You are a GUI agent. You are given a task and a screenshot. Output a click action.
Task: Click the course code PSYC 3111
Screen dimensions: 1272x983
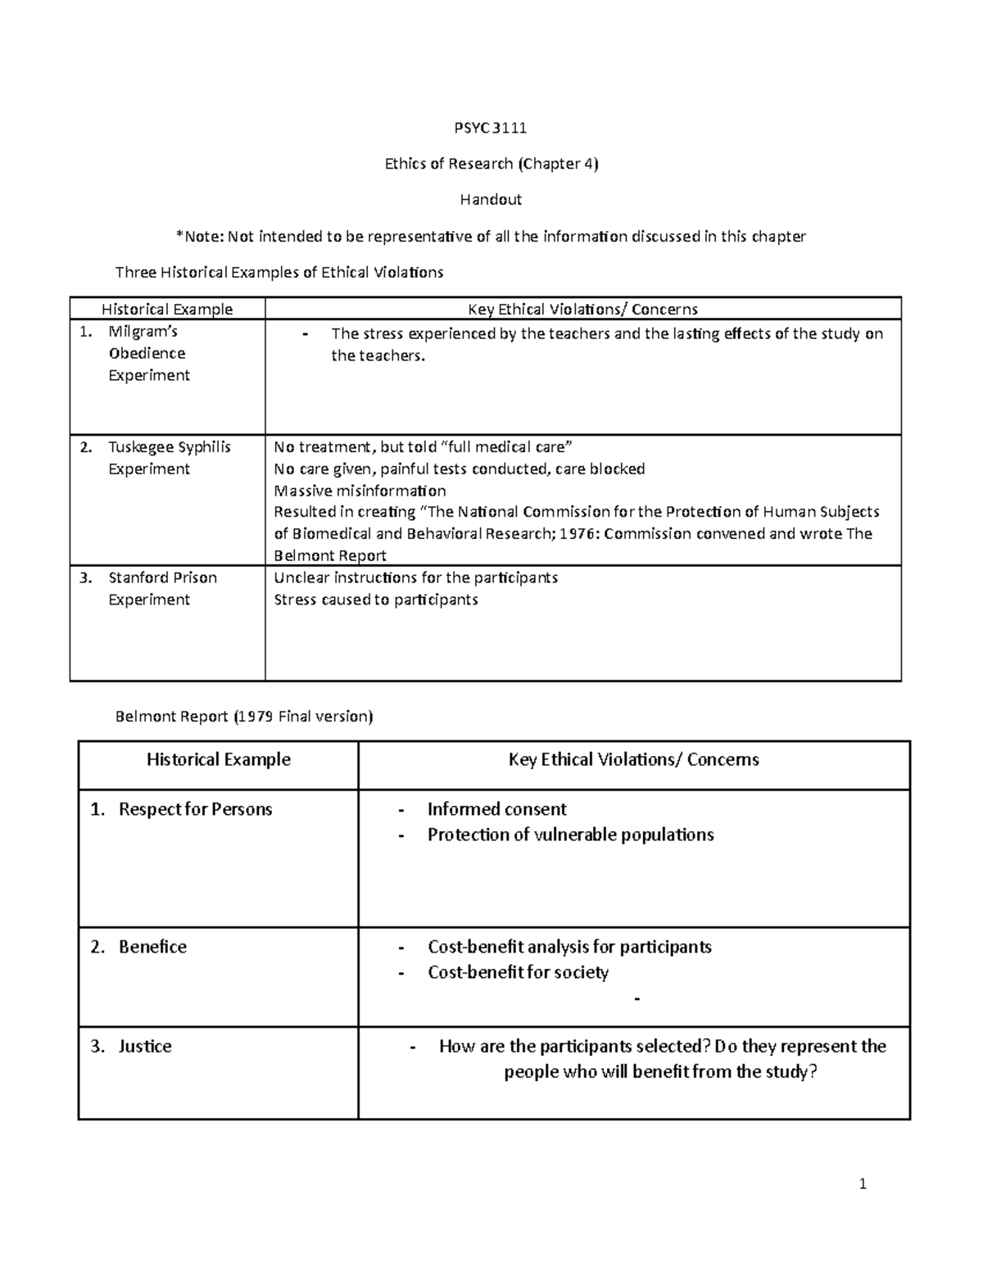point(490,128)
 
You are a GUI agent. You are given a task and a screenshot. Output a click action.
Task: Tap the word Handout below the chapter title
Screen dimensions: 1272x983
point(490,199)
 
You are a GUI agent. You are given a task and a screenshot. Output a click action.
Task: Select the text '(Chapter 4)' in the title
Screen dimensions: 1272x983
point(558,164)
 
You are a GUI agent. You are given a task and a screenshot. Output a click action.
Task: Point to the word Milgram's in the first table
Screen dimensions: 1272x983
point(143,332)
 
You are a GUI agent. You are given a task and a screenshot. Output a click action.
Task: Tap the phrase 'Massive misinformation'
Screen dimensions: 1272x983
point(360,491)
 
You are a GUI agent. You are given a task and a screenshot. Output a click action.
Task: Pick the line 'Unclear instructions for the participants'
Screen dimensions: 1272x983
point(415,577)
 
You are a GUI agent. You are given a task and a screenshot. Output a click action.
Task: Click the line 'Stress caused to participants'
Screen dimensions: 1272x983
point(375,600)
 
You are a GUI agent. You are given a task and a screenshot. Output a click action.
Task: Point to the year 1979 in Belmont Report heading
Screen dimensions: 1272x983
point(256,717)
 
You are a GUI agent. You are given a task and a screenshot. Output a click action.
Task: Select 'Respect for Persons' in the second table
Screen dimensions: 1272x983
point(195,809)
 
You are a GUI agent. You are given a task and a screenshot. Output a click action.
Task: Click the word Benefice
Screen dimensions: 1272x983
point(152,947)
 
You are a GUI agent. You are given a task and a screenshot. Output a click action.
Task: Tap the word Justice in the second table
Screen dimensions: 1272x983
point(145,1046)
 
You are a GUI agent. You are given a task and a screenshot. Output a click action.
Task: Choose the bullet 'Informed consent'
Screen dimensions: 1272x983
point(496,809)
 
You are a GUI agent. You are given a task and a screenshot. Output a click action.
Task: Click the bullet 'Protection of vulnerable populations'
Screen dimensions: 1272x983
point(570,835)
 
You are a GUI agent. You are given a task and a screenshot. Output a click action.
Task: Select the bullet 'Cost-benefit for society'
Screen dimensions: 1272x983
point(518,972)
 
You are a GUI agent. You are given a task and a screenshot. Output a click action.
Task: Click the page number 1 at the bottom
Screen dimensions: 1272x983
point(863,1184)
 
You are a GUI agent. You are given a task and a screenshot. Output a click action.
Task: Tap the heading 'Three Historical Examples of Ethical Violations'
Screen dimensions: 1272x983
point(279,273)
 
